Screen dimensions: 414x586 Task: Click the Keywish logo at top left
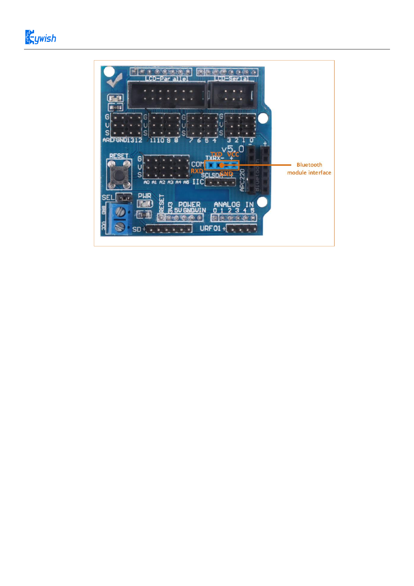pos(40,37)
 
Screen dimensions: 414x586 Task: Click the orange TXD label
pos(216,154)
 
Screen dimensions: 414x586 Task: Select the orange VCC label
pos(233,154)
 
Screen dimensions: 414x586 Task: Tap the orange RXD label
pos(197,171)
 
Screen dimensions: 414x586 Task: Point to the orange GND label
pos(226,173)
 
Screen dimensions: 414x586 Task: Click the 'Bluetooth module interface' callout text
pos(309,169)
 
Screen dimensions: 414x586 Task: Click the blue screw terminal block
pos(119,219)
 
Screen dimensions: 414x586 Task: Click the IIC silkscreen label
pos(198,182)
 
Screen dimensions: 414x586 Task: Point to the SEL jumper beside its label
pos(124,198)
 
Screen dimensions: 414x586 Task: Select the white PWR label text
pos(145,196)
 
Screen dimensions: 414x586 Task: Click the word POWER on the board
pos(189,205)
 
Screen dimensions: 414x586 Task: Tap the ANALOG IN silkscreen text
pos(233,205)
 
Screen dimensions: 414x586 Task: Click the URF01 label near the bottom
pos(210,229)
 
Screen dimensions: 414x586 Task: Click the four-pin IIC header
pos(220,182)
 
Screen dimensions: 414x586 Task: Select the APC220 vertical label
pos(243,180)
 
